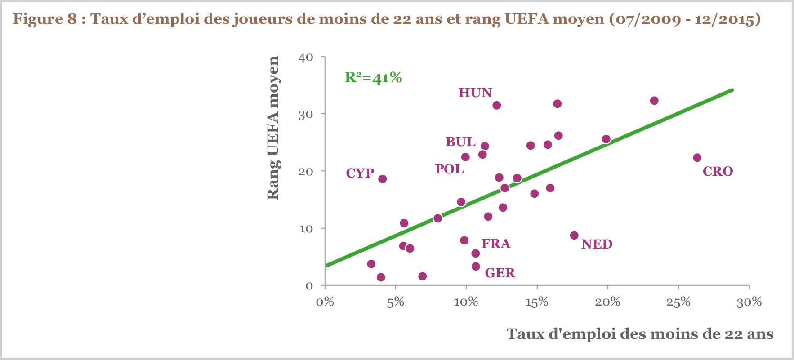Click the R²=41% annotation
click(373, 78)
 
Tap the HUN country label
click(475, 93)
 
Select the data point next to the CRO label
click(697, 158)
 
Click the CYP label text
click(360, 173)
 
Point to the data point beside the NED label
click(574, 236)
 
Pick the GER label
click(500, 273)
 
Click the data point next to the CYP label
click(383, 179)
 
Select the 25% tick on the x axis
click(678, 302)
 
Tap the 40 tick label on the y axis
click(305, 58)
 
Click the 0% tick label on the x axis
click(325, 302)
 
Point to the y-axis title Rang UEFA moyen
click(273, 128)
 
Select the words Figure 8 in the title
click(44, 19)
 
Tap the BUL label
click(460, 142)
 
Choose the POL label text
click(449, 169)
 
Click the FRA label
click(496, 244)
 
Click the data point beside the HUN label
click(496, 105)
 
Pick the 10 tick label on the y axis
click(306, 229)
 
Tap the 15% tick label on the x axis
click(537, 302)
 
